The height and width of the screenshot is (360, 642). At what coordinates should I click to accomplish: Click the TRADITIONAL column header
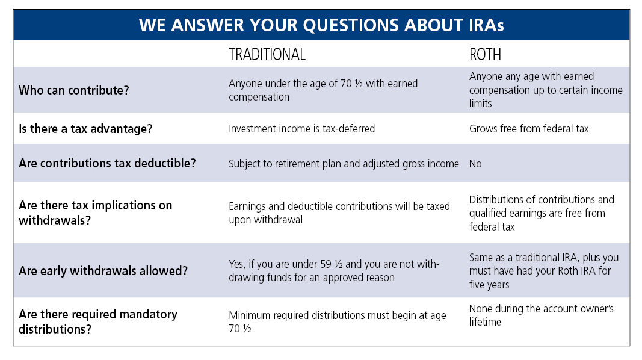pyautogui.click(x=267, y=54)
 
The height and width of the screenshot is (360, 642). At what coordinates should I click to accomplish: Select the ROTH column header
pyautogui.click(x=485, y=54)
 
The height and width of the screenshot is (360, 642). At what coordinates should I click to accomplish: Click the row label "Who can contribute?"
pyautogui.click(x=73, y=90)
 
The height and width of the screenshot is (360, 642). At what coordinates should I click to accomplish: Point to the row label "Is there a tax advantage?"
pyautogui.click(x=85, y=129)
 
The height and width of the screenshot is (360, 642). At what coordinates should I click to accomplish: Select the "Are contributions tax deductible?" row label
pyautogui.click(x=107, y=163)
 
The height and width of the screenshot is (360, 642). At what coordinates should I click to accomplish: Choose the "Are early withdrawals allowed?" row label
pyautogui.click(x=103, y=271)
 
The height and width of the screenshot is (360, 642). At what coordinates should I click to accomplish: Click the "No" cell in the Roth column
pyautogui.click(x=475, y=163)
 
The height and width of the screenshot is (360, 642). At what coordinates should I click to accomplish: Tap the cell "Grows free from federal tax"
pyautogui.click(x=529, y=129)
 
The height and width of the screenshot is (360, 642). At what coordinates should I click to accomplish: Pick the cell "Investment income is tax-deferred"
pyautogui.click(x=302, y=129)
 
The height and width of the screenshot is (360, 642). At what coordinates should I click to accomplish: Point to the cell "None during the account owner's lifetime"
pyautogui.click(x=542, y=315)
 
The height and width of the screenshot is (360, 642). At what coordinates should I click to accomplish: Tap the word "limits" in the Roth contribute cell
pyautogui.click(x=480, y=103)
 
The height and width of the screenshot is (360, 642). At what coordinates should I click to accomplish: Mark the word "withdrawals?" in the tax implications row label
pyautogui.click(x=55, y=220)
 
